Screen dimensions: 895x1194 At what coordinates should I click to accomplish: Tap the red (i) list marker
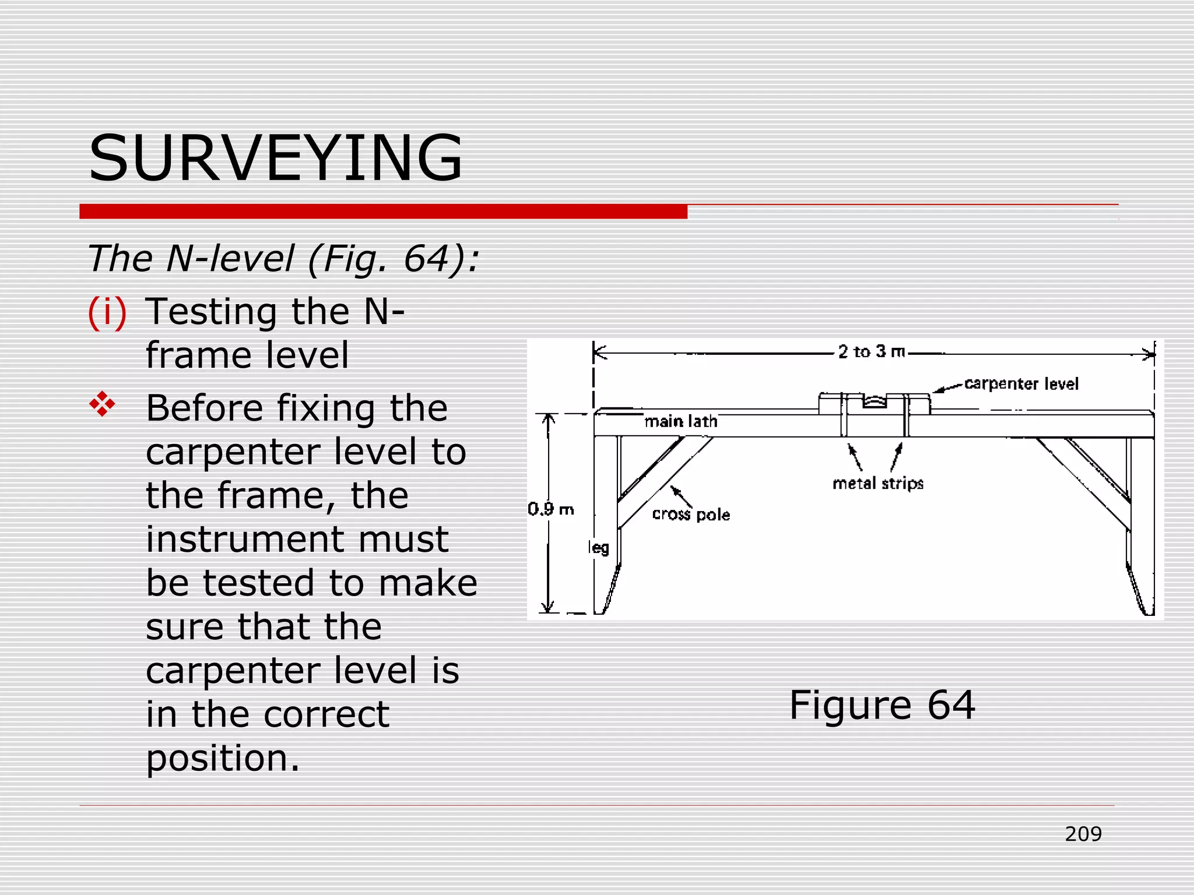[107, 312]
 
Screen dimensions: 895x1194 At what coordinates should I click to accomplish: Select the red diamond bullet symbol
[103, 404]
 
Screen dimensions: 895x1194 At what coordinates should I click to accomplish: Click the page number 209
[1083, 834]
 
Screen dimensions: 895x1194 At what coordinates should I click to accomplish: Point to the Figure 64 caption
[882, 705]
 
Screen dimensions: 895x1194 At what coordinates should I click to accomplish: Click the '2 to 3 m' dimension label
[872, 352]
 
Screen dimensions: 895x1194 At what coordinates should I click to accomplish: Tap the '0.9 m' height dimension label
[551, 510]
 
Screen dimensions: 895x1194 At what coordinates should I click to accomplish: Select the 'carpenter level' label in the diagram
[1021, 384]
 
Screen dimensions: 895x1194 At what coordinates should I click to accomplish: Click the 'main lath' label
[681, 421]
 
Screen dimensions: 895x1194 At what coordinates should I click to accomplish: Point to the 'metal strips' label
[878, 484]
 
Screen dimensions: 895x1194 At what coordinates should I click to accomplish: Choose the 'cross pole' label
[691, 515]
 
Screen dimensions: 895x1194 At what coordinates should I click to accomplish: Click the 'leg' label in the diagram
[599, 548]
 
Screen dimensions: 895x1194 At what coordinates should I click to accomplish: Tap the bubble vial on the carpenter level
[874, 402]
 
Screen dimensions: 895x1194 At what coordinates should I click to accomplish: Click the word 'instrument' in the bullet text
[297, 540]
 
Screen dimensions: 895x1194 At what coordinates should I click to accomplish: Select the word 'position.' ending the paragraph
[223, 759]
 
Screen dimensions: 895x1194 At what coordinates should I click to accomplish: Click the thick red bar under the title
[383, 212]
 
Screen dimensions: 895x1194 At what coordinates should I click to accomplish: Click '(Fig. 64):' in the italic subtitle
[394, 259]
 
